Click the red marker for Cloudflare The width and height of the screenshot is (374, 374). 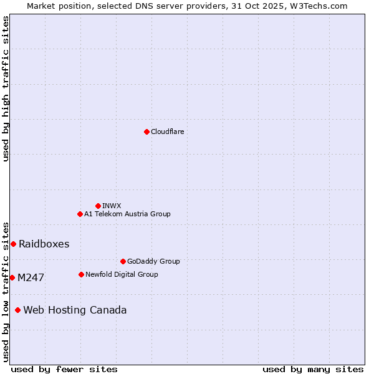(x=146, y=132)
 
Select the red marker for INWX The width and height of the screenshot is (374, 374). (x=98, y=206)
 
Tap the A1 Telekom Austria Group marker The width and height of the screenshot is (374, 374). (x=80, y=214)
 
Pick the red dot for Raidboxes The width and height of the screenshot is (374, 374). (x=13, y=244)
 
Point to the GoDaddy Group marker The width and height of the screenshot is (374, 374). (x=123, y=261)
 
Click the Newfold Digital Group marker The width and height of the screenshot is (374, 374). (x=81, y=274)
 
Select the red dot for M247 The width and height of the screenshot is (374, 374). (x=12, y=277)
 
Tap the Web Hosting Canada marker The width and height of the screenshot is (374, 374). (x=17, y=310)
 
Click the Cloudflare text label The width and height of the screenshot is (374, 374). (x=167, y=132)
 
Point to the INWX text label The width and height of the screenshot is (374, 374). (x=112, y=206)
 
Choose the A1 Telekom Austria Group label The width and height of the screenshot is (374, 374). (x=127, y=214)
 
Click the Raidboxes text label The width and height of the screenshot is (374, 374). (x=44, y=244)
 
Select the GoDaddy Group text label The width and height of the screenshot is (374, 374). (x=153, y=261)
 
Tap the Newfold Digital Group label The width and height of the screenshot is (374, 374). (x=122, y=274)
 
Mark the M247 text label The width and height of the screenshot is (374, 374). (x=31, y=277)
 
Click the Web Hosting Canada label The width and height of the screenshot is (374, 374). (x=75, y=310)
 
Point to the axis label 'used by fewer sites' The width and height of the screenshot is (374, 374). (x=64, y=369)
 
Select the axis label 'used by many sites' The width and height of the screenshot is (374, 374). (x=313, y=369)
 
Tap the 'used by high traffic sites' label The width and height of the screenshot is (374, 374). (x=6, y=89)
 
